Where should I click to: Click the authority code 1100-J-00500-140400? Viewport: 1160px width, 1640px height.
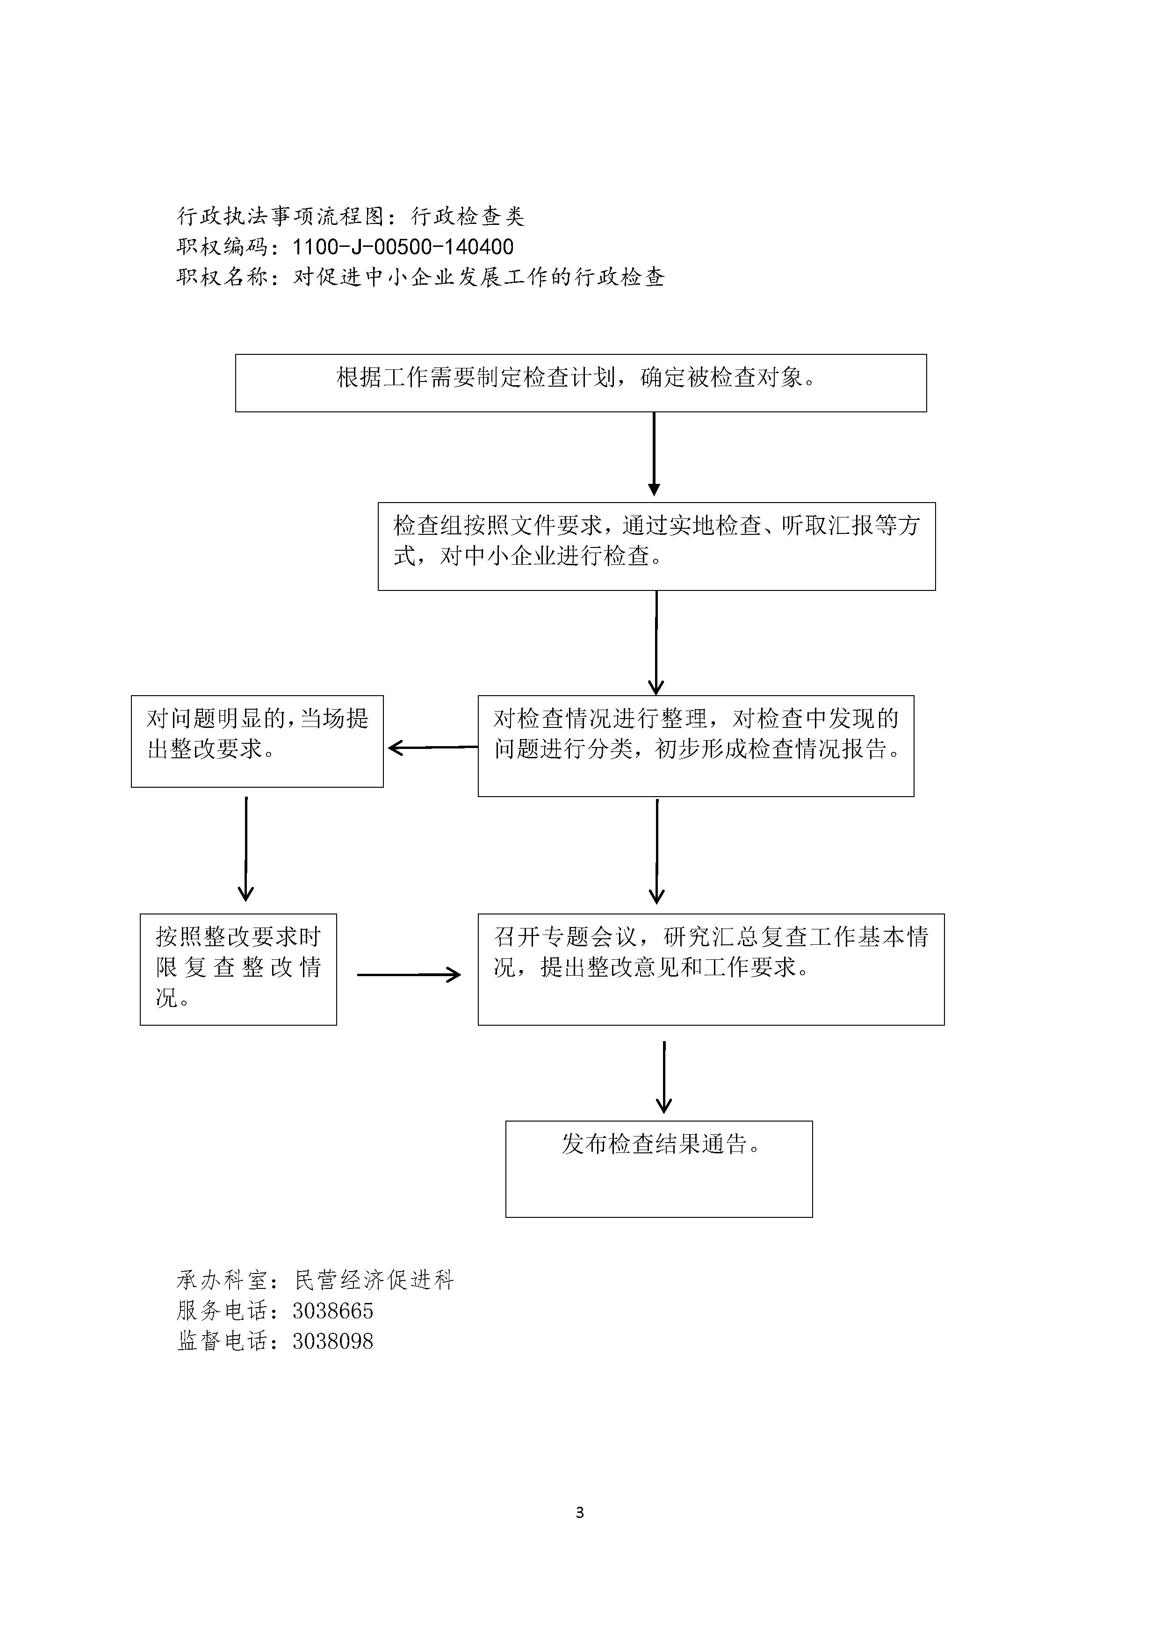point(403,247)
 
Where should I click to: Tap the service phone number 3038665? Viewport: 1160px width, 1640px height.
point(333,1311)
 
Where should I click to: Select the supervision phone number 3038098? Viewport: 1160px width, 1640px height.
point(333,1341)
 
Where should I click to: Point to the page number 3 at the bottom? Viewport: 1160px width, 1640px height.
point(579,1512)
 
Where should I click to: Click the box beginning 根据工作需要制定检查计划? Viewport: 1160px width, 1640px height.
point(581,383)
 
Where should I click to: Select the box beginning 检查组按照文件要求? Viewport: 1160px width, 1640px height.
point(656,547)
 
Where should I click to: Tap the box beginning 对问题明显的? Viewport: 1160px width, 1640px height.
point(257,741)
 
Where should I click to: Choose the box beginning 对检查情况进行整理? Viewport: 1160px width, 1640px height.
point(696,746)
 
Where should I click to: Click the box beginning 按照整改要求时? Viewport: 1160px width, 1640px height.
point(238,969)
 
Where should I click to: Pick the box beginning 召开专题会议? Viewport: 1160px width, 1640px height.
point(711,969)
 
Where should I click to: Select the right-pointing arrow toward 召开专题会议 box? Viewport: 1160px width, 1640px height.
point(409,974)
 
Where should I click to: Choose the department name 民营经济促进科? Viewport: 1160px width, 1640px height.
point(375,1280)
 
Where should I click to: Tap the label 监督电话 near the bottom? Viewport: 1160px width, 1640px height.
point(222,1341)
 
